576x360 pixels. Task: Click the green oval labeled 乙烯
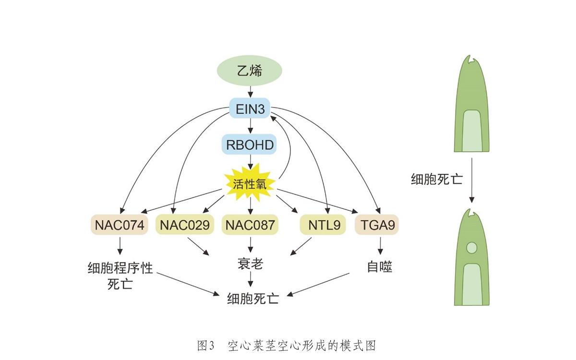[250, 71]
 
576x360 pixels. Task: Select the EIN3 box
[250, 108]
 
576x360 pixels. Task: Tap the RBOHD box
[250, 144]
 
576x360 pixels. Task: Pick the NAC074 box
[120, 225]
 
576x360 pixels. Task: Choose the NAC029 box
[185, 225]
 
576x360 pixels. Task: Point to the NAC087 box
[250, 225]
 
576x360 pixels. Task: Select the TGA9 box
[377, 225]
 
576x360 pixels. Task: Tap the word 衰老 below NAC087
[250, 264]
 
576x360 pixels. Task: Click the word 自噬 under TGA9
[380, 267]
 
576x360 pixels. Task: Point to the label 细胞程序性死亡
[120, 275]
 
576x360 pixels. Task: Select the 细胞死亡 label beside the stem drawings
[437, 180]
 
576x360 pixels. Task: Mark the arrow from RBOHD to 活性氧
[250, 162]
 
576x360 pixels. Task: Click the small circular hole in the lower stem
[471, 248]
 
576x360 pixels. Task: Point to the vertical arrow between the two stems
[472, 180]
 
